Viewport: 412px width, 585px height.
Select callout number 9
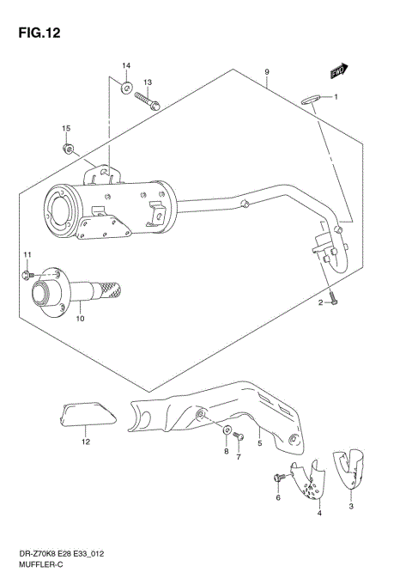coord(267,72)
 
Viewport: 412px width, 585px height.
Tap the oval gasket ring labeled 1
coord(312,98)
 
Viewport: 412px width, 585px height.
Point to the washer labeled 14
coord(125,87)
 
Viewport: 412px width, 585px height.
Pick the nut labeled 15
coord(68,149)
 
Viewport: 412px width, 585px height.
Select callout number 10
coord(80,320)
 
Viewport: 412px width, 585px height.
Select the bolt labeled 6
coord(278,477)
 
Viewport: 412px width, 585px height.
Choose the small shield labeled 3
coord(350,466)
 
